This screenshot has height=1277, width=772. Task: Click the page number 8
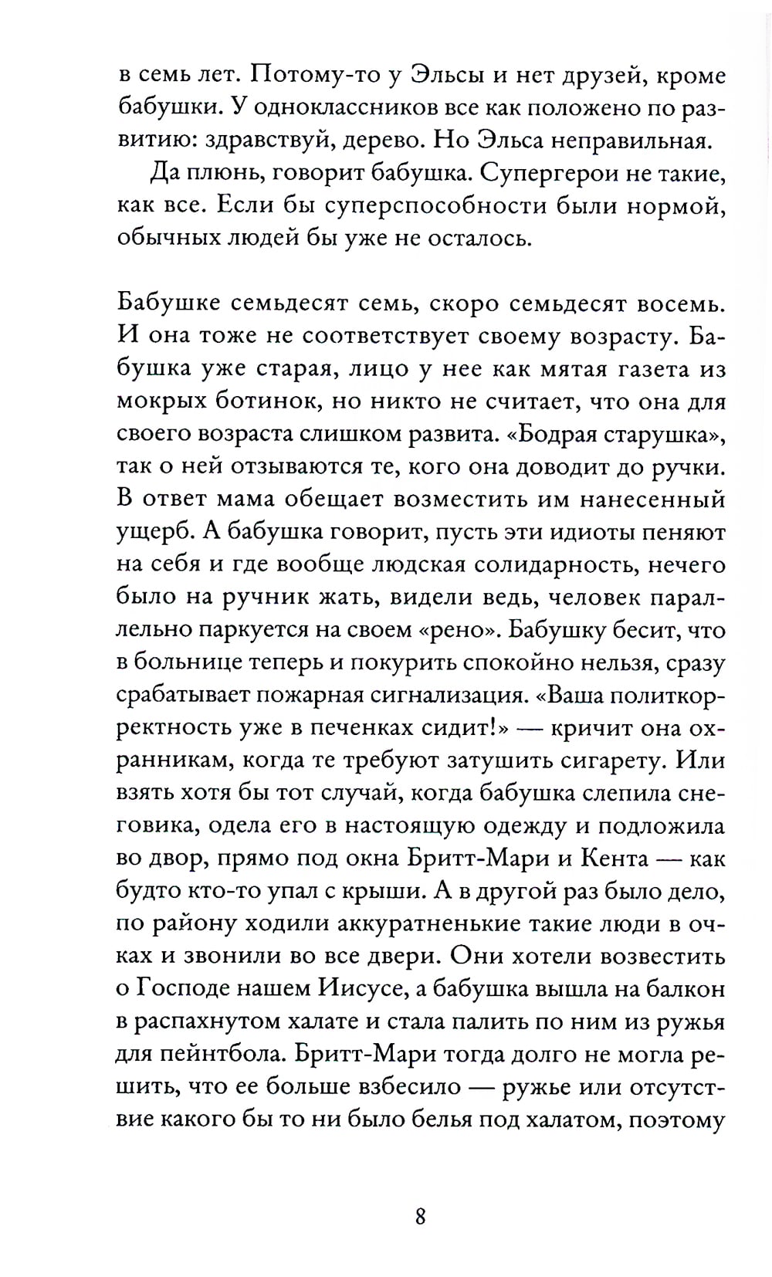pos(420,1218)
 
